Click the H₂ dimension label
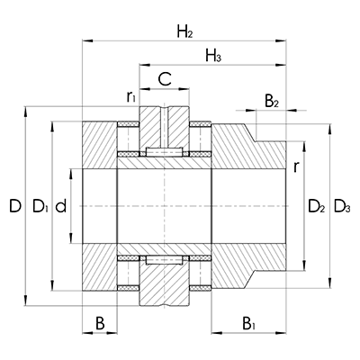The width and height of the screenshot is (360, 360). point(184,33)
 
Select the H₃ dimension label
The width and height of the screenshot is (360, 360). point(213,58)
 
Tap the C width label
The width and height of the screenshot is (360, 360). point(163,79)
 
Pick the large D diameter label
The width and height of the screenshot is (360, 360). point(13,208)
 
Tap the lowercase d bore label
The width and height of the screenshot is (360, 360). point(60,208)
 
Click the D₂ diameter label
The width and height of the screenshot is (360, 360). point(316,208)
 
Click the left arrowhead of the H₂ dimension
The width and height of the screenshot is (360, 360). point(86,40)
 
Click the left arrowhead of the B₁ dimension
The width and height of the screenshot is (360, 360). point(213,330)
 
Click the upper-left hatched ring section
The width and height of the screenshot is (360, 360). point(100,144)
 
